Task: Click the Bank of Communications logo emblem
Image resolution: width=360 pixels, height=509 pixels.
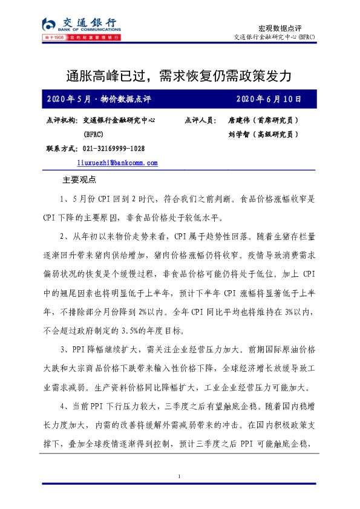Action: click(x=49, y=24)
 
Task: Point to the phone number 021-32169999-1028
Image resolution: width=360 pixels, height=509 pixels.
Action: click(x=114, y=149)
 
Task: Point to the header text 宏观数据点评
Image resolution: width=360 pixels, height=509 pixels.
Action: click(x=280, y=28)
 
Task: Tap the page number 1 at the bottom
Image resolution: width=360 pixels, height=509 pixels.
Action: click(x=180, y=478)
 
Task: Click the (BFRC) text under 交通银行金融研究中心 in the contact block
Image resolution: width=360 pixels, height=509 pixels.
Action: click(x=94, y=134)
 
